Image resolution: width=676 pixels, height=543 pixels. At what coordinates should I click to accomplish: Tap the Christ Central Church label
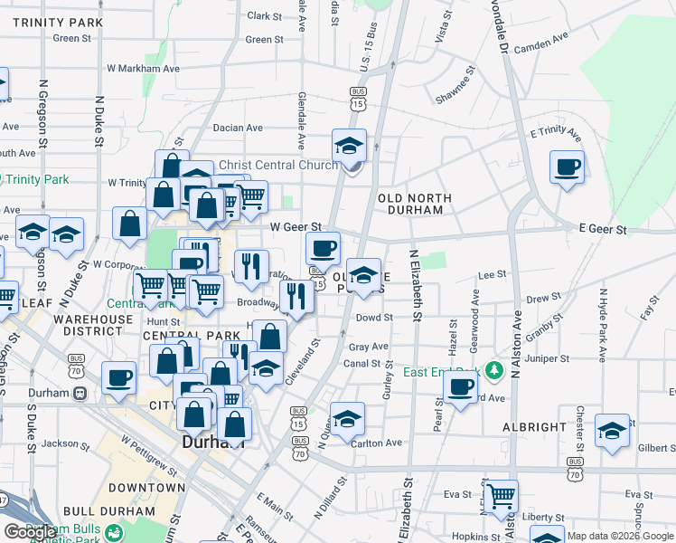[278, 166]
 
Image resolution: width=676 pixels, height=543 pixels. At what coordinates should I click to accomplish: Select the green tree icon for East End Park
[493, 370]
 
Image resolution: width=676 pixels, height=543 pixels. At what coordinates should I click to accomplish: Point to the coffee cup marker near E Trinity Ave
[567, 167]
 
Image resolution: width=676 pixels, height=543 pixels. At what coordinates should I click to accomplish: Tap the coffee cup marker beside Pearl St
[461, 388]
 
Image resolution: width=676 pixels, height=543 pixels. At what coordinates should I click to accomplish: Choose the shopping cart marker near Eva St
[501, 495]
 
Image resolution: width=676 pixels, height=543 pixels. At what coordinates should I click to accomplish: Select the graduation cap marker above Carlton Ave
[347, 419]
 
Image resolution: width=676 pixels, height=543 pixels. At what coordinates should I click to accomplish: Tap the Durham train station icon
[80, 394]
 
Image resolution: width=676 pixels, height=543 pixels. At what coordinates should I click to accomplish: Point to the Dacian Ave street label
[239, 128]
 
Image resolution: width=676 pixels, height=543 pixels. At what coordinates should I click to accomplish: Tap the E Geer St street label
[602, 230]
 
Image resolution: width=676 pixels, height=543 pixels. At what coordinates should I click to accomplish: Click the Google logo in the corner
[31, 532]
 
